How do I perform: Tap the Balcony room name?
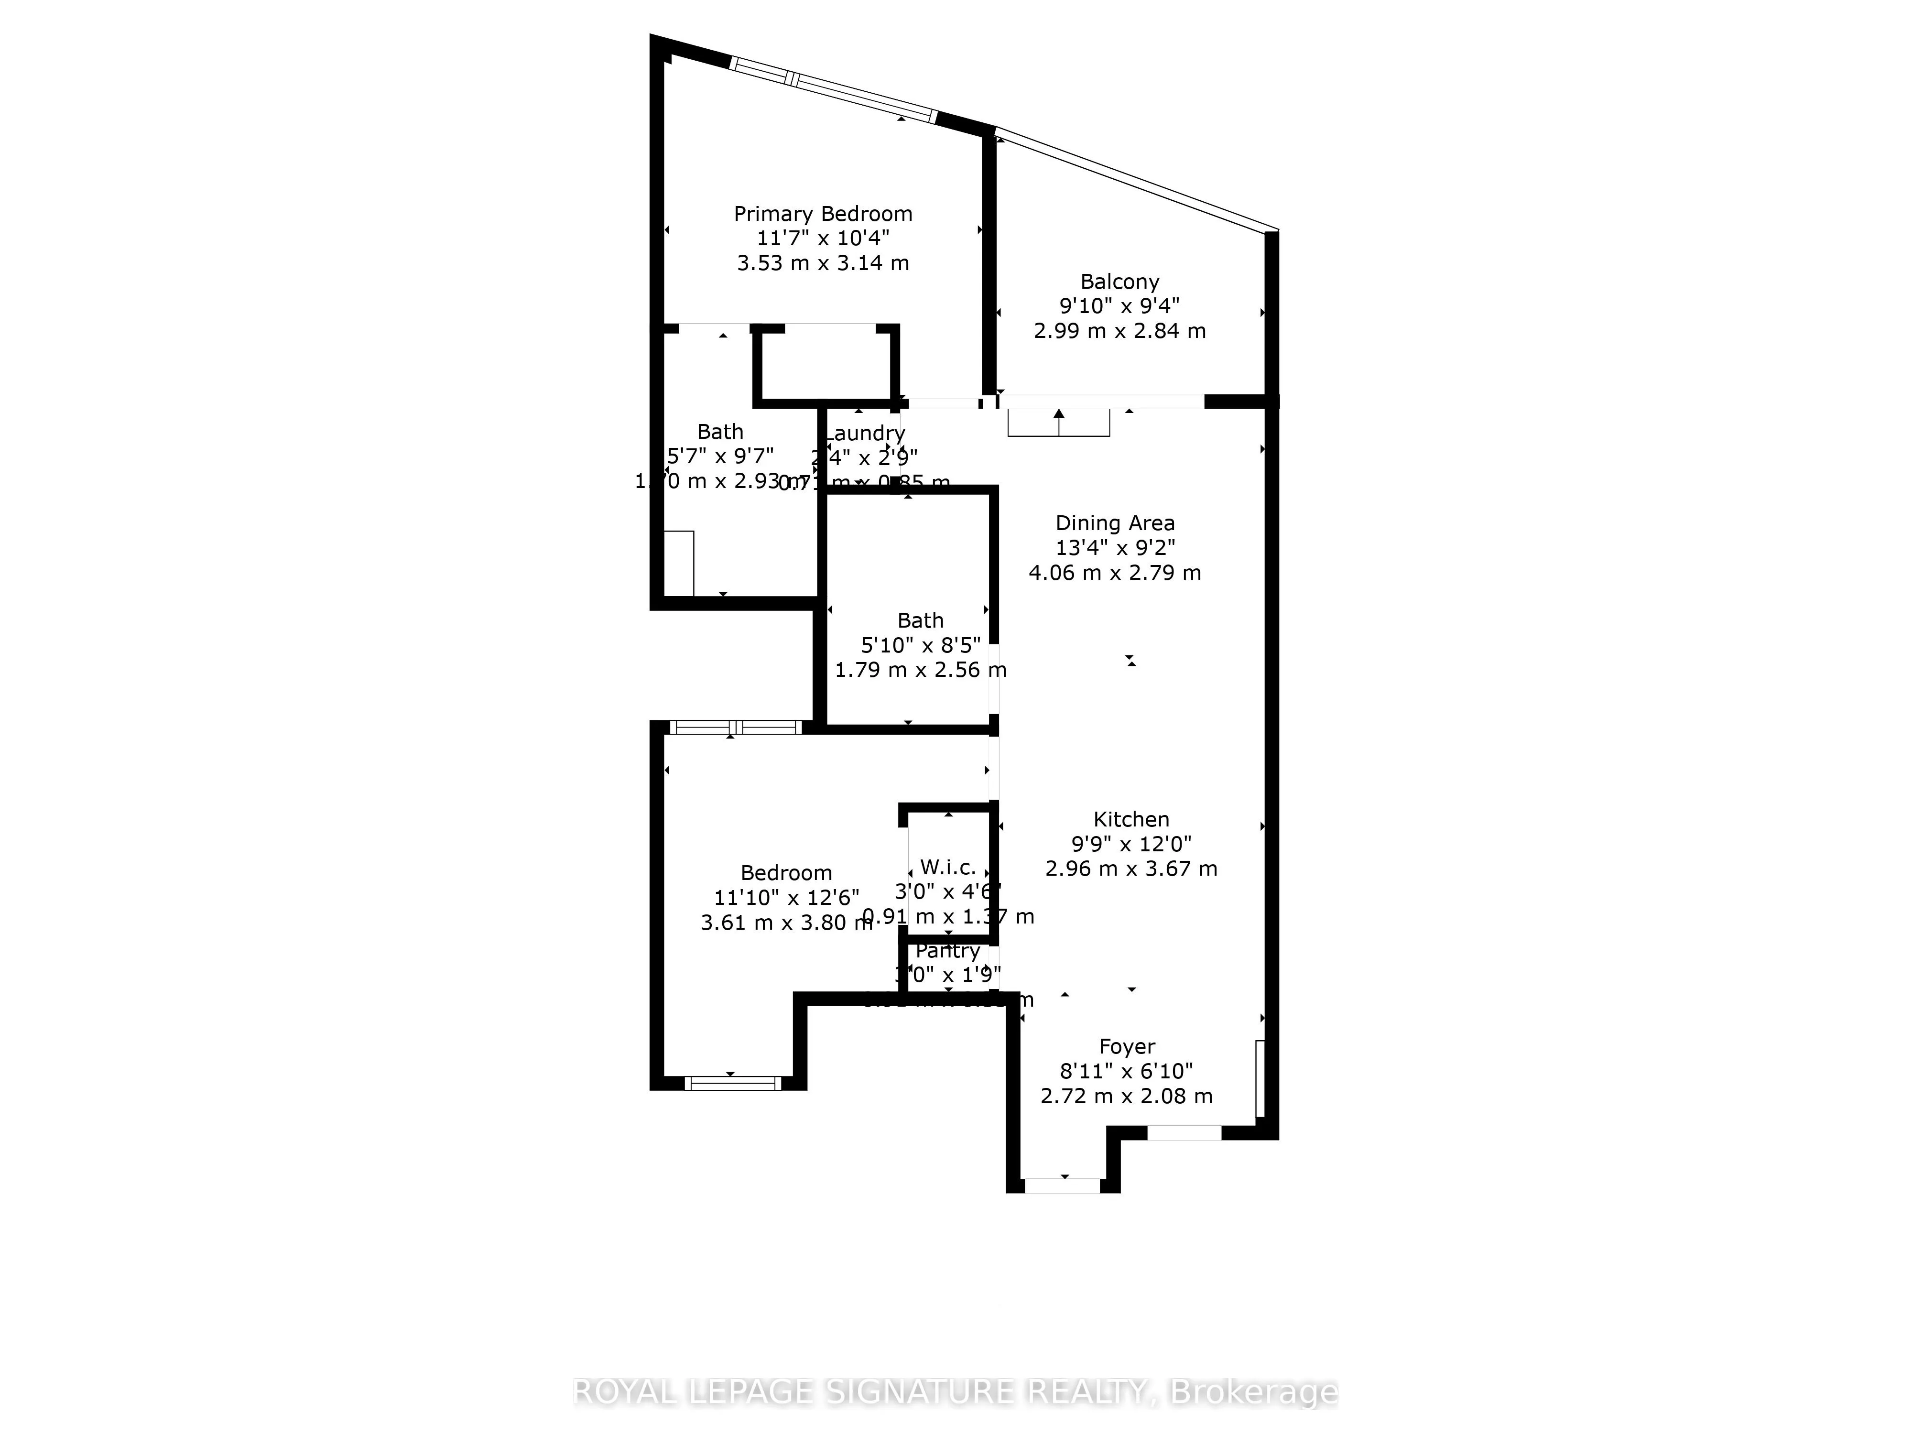[1119, 282]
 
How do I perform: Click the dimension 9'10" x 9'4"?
[1119, 306]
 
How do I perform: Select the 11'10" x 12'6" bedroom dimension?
[786, 898]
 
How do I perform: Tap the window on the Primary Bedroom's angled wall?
[832, 89]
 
